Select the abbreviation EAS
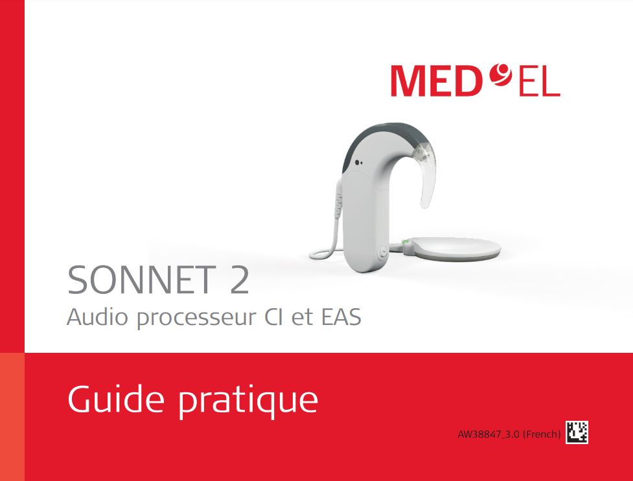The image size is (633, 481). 341,318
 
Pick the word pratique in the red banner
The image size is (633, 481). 248,401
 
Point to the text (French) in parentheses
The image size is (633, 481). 542,434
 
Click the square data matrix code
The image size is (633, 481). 577,432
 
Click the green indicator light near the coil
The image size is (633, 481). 404,245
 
